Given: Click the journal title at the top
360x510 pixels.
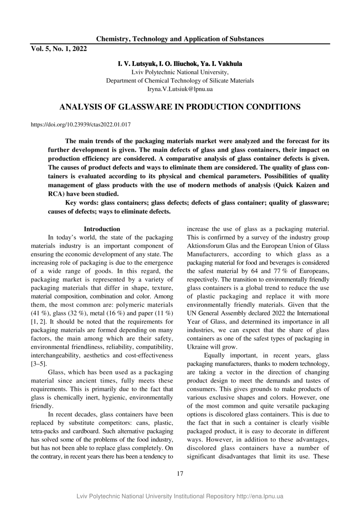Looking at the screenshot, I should [x=180, y=39].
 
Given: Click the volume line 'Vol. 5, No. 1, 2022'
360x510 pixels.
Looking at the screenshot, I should [x=59, y=49].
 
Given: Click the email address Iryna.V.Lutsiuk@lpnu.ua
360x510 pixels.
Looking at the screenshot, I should [x=180, y=88].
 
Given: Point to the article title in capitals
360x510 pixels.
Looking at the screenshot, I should [x=180, y=107].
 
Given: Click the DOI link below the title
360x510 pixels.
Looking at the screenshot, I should [x=81, y=124].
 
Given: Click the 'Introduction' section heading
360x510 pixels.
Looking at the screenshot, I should [x=102, y=229].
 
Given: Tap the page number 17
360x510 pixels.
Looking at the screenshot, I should [x=180, y=473].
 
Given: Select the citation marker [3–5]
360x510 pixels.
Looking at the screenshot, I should [x=39, y=364].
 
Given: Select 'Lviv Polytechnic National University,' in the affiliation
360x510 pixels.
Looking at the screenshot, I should [x=180, y=72].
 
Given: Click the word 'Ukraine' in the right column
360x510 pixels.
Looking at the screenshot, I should [x=198, y=347].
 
